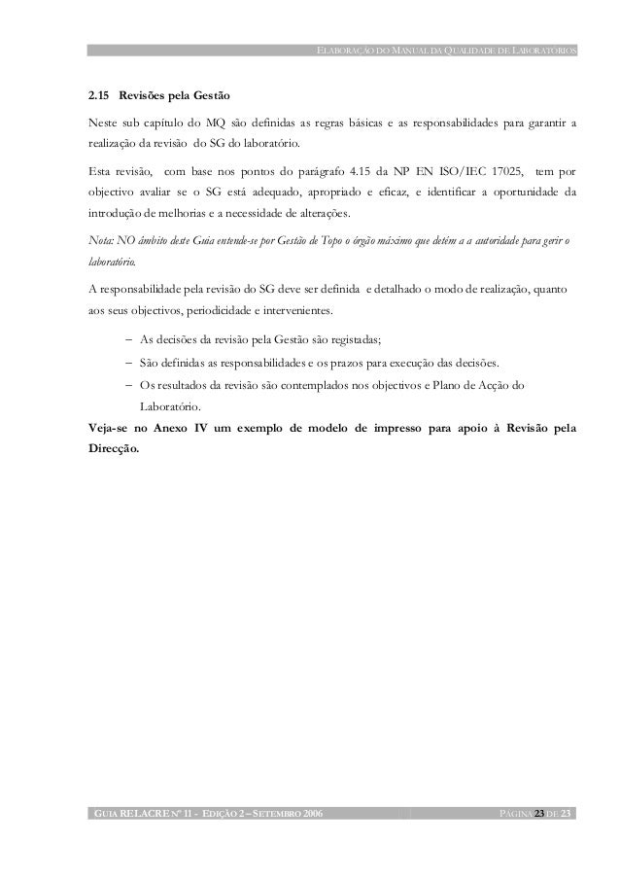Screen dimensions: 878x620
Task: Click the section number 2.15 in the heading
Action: click(97, 99)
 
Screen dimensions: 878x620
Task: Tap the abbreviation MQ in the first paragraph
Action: click(215, 123)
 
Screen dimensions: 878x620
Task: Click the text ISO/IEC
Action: click(455, 170)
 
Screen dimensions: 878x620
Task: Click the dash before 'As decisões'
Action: click(129, 340)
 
